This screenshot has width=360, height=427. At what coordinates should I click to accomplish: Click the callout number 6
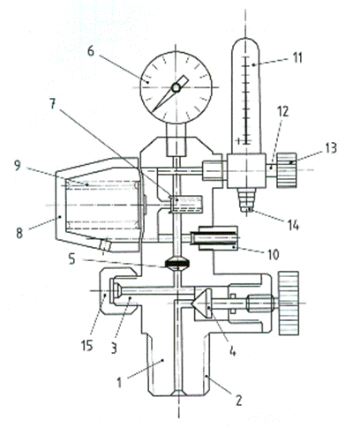tap(91, 51)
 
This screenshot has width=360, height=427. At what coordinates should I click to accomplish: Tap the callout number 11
tap(297, 57)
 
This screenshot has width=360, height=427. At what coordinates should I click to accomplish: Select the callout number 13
tap(331, 148)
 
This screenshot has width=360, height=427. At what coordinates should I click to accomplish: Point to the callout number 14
tap(293, 226)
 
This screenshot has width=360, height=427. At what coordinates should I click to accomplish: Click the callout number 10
tap(274, 254)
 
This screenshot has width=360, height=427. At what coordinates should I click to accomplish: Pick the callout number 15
tap(87, 346)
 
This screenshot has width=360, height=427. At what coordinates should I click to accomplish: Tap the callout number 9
tap(18, 166)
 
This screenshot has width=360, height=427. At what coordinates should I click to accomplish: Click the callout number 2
tap(238, 401)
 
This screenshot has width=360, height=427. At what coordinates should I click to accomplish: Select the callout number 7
tap(53, 104)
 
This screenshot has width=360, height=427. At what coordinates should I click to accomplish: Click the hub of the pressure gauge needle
tap(176, 87)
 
